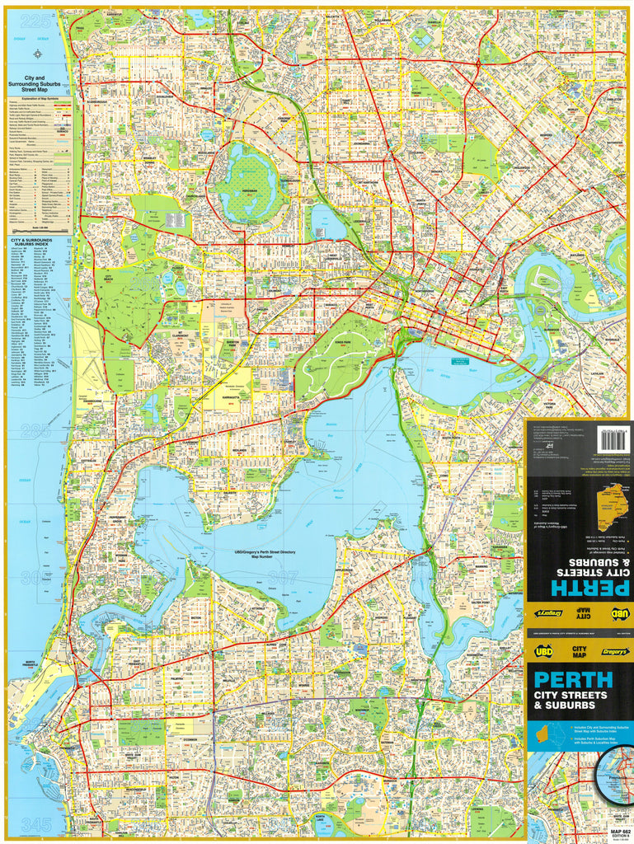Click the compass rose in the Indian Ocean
(x=38, y=54)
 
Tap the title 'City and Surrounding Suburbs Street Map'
(x=38, y=83)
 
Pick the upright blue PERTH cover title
(x=574, y=680)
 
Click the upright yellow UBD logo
(x=543, y=651)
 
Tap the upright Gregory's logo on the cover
(x=614, y=651)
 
